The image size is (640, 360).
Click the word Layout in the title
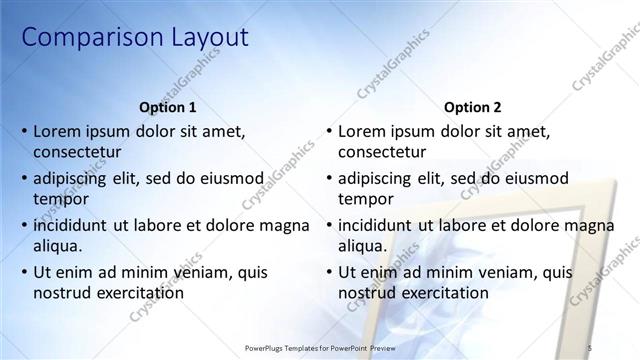tap(200, 38)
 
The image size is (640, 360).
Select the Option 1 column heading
tap(166, 107)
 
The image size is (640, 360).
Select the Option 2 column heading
tap(472, 107)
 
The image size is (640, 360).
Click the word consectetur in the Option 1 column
tap(77, 152)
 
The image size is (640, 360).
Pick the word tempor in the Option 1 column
tap(60, 199)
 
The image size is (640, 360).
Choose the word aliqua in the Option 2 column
tap(364, 246)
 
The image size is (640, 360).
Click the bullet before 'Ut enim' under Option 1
tap(24, 273)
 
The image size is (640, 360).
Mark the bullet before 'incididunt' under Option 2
tap(329, 226)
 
